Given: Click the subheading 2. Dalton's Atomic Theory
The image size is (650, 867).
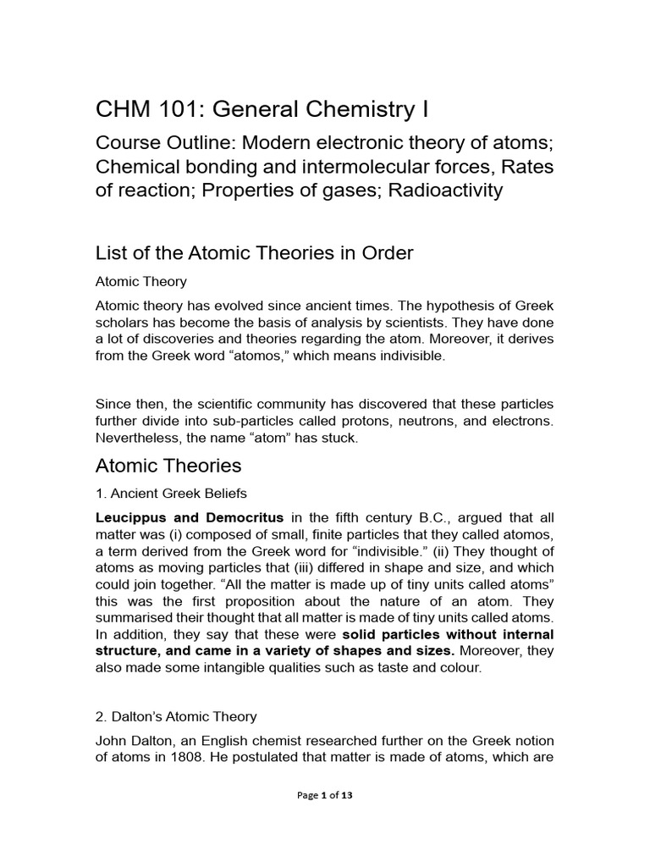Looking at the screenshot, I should [x=176, y=716].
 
